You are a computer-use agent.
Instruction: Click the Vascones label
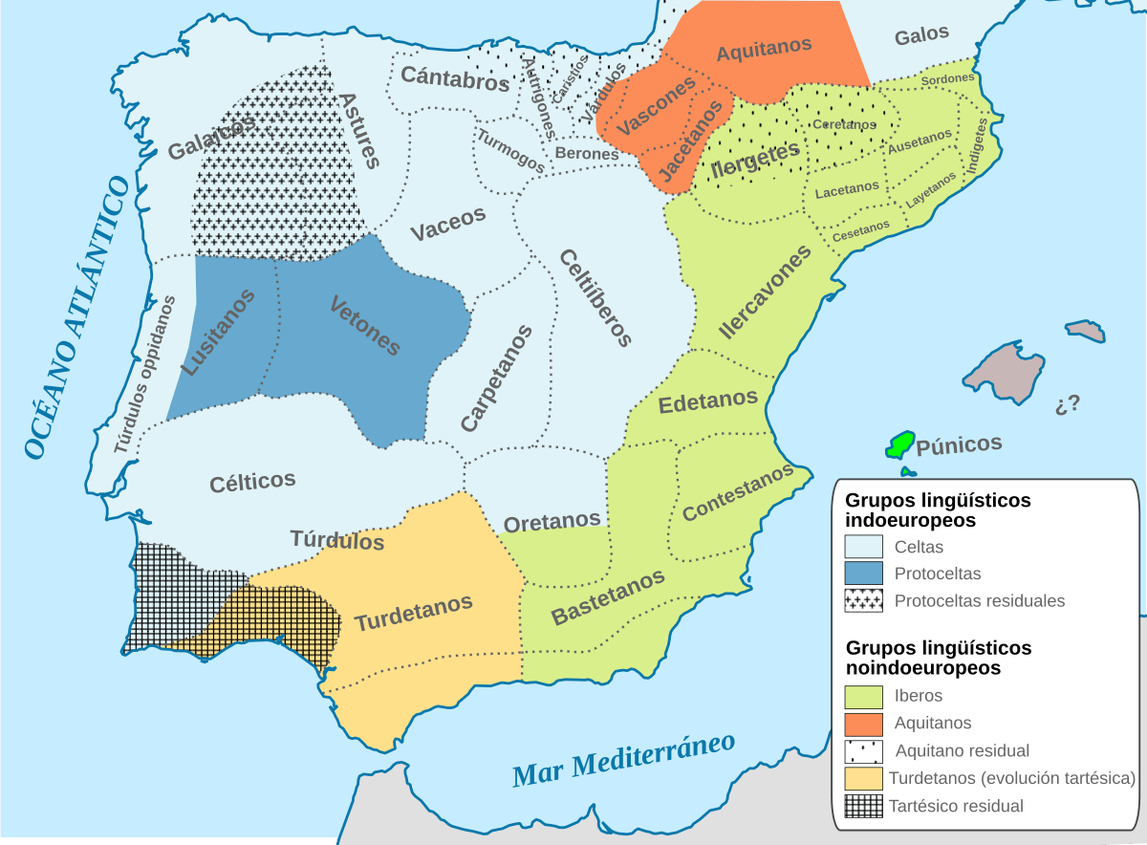pos(656,106)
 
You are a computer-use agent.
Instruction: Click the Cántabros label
pos(455,77)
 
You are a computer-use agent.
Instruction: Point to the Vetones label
pos(364,326)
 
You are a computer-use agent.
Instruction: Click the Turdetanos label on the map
pos(413,613)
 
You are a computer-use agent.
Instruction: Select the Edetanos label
pos(708,401)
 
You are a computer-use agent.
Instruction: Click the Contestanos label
pos(738,491)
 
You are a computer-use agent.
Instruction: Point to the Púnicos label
pos(959,444)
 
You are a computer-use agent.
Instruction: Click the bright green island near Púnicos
pos(899,444)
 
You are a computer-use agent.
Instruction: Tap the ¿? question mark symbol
pos(1068,403)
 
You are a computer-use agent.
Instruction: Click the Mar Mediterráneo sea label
pos(623,760)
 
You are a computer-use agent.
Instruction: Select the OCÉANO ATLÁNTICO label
pos(76,317)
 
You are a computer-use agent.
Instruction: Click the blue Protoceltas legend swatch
pos(863,574)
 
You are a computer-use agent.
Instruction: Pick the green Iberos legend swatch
pos(863,696)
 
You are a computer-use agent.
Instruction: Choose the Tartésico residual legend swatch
pos(863,806)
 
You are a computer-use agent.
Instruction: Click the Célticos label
pos(252,482)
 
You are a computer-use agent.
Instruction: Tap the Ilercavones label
pos(764,292)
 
